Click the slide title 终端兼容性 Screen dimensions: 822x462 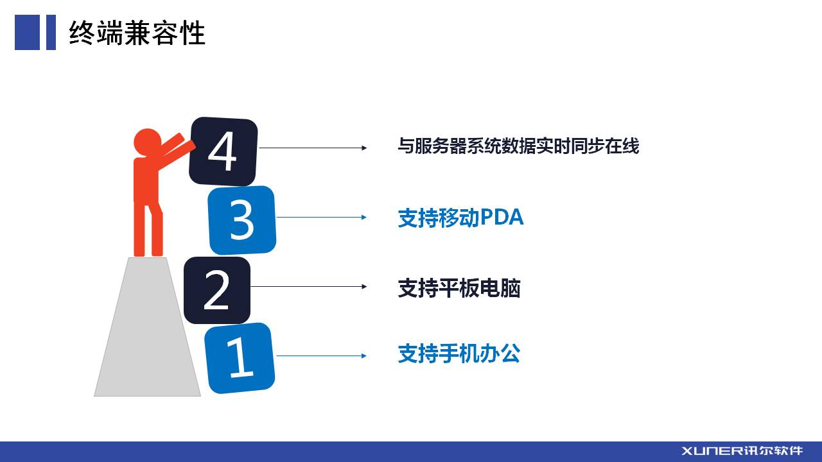tap(137, 33)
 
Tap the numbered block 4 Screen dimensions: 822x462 tap(223, 151)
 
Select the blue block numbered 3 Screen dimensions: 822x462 tap(242, 220)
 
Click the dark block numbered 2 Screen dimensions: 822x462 tap(217, 290)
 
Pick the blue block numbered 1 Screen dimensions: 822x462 tap(240, 358)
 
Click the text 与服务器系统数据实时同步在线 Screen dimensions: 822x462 tap(518, 146)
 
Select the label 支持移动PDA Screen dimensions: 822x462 tap(460, 218)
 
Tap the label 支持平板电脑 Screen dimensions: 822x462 tap(459, 288)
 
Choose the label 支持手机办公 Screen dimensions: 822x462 tap(459, 354)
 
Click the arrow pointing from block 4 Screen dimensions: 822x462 tap(313, 148)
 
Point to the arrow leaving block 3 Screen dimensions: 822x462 tap(322, 218)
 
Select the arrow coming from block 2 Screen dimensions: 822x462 tap(309, 286)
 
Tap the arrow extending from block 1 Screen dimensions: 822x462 tap(321, 355)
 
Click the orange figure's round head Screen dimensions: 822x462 tap(148, 142)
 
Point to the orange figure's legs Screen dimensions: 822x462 tap(148, 229)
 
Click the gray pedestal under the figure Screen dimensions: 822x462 tap(148, 327)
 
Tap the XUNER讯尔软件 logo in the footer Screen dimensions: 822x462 tap(742, 451)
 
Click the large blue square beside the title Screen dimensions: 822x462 tap(27, 32)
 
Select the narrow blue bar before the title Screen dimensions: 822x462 tap(51, 32)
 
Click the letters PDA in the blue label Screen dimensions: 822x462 tap(502, 217)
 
